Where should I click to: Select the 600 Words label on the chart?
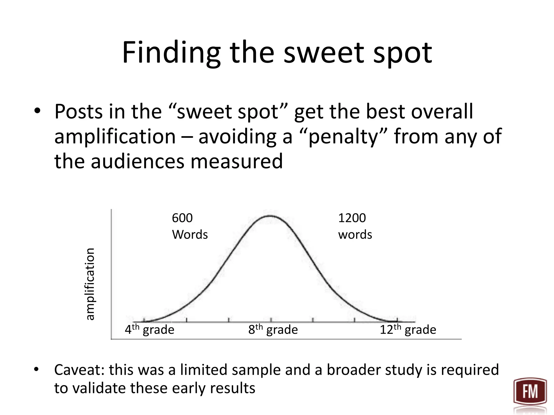(x=189, y=226)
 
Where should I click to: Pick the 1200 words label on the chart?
(x=355, y=226)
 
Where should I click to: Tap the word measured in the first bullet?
(x=237, y=161)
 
